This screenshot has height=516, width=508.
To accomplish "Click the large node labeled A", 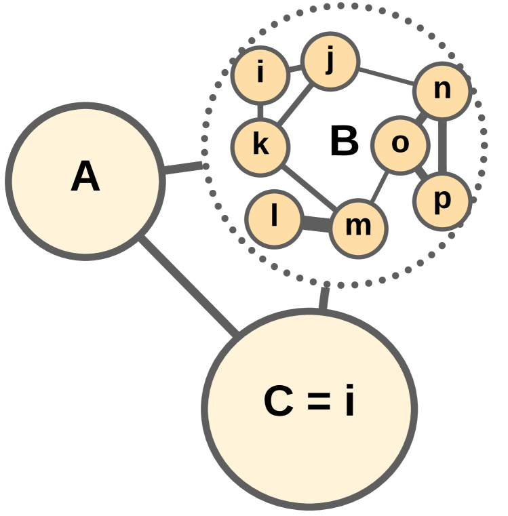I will pyautogui.click(x=85, y=180).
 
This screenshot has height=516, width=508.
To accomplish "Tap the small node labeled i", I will pyautogui.click(x=260, y=73).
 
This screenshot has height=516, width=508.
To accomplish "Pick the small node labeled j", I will pyautogui.click(x=330, y=62).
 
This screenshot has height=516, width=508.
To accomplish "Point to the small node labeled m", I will pyautogui.click(x=359, y=227).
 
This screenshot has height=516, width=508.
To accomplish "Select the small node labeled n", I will pyautogui.click(x=442, y=90).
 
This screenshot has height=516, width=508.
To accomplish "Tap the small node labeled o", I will pyautogui.click(x=400, y=144).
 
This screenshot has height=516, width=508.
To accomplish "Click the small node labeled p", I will pyautogui.click(x=442, y=201).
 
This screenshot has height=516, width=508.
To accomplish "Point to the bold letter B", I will pyautogui.click(x=344, y=142).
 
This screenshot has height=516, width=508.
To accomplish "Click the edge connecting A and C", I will pyautogui.click(x=189, y=286).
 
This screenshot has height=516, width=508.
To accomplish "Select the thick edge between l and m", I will pyautogui.click(x=316, y=223).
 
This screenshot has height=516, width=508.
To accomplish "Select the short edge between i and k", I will pyautogui.click(x=260, y=109).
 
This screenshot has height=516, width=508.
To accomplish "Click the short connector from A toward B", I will pyautogui.click(x=182, y=167).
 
